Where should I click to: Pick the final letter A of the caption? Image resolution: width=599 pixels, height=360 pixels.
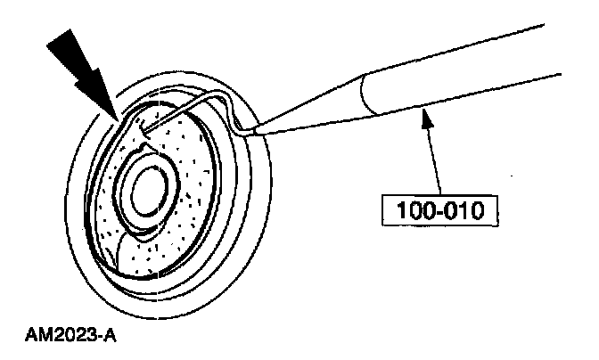(113, 338)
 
